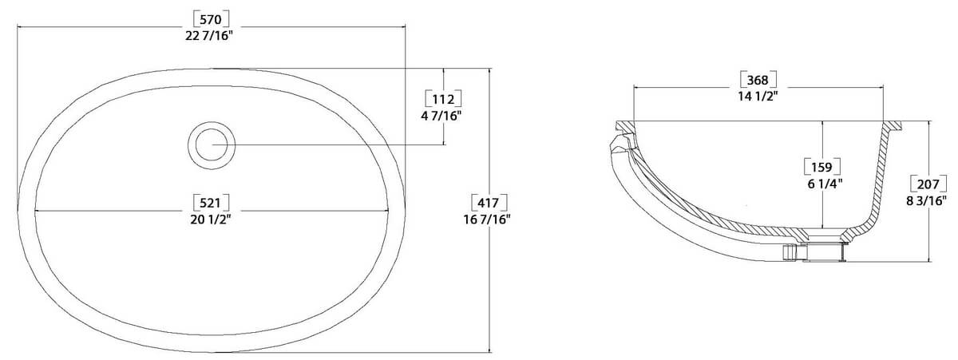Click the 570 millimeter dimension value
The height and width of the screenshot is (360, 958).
(212, 18)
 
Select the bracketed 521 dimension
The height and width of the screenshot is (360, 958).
(212, 201)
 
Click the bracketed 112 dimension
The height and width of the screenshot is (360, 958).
(442, 99)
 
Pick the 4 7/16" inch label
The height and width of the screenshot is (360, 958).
(442, 116)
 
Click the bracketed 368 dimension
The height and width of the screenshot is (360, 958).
(758, 80)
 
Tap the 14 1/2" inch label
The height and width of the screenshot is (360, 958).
(758, 97)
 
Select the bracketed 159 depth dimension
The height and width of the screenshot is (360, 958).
(822, 167)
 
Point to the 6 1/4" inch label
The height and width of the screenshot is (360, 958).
(822, 184)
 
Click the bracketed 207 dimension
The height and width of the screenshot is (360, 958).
(928, 183)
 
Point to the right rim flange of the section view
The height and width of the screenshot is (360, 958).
(895, 125)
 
